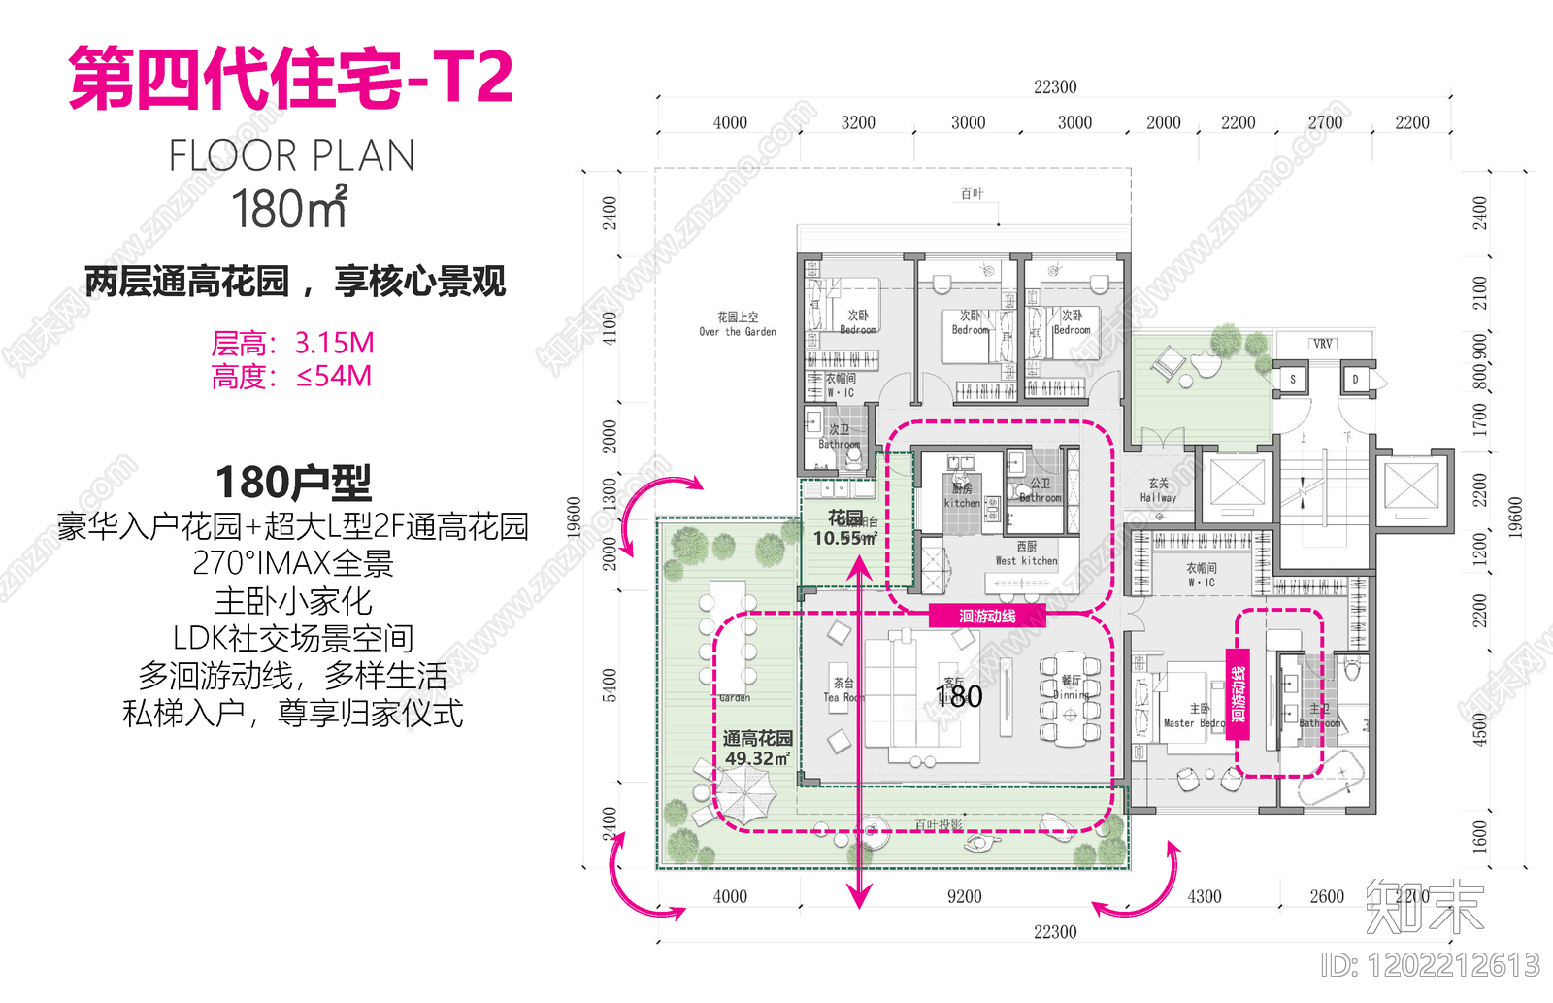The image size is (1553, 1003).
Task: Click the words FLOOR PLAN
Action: [x=292, y=156]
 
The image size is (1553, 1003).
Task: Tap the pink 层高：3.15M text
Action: [x=292, y=343]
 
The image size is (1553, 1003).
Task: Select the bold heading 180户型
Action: [x=293, y=482]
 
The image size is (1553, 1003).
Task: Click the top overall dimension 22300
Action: [x=1055, y=87]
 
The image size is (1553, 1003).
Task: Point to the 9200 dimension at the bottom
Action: [x=964, y=897]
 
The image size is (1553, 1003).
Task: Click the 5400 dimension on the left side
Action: [x=610, y=685]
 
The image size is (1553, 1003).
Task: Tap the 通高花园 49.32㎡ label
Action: [x=757, y=749]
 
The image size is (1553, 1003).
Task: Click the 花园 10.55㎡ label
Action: [x=844, y=528]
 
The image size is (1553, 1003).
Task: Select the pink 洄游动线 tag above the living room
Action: [x=987, y=616]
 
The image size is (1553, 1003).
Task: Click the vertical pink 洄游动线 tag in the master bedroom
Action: [x=1238, y=694]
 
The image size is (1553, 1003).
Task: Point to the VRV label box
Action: [x=1323, y=344]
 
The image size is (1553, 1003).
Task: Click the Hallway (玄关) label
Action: [x=1158, y=490]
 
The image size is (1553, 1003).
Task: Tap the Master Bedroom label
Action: [x=1195, y=717]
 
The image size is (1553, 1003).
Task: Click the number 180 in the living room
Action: [x=959, y=696]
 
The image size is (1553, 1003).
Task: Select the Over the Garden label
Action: [x=738, y=324]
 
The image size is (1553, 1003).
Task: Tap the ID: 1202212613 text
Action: [x=1430, y=965]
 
